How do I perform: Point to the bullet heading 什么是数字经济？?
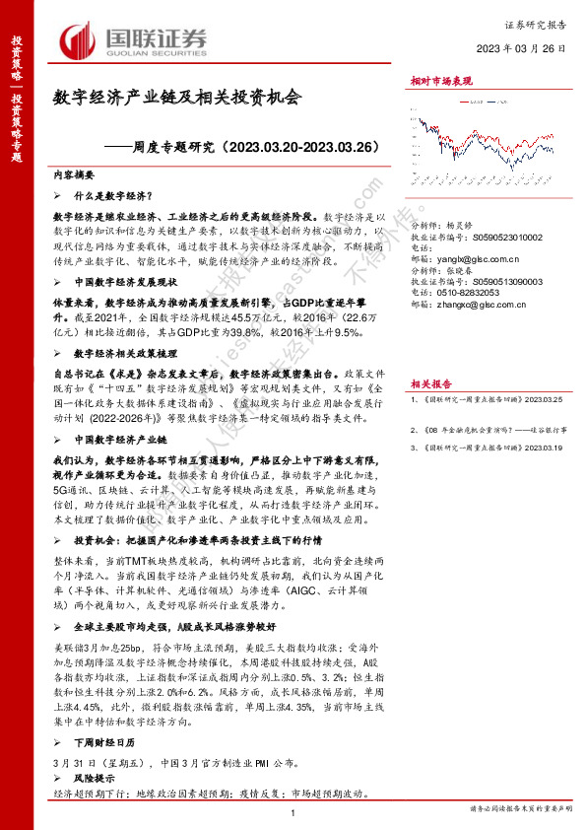[x=119, y=196]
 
